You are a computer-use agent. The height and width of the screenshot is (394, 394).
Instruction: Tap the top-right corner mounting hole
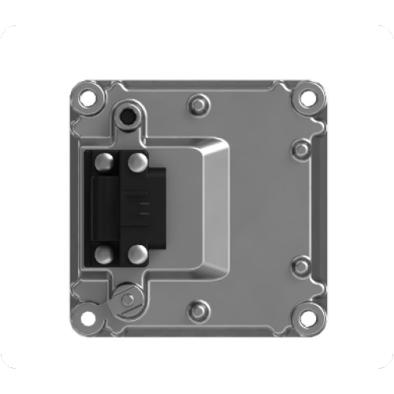(x=306, y=100)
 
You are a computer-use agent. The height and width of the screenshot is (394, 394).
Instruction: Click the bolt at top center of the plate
(x=197, y=103)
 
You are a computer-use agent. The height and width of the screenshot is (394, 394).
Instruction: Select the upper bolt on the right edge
(x=300, y=149)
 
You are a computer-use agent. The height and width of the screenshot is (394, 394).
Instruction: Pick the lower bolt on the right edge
(x=300, y=266)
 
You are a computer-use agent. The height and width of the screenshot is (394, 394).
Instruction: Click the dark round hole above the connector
(x=126, y=118)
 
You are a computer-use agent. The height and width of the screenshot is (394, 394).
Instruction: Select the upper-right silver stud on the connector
(x=137, y=162)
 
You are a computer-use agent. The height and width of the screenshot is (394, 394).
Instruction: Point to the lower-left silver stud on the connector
(x=103, y=253)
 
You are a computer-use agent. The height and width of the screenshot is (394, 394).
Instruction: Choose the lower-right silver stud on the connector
(x=137, y=253)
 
